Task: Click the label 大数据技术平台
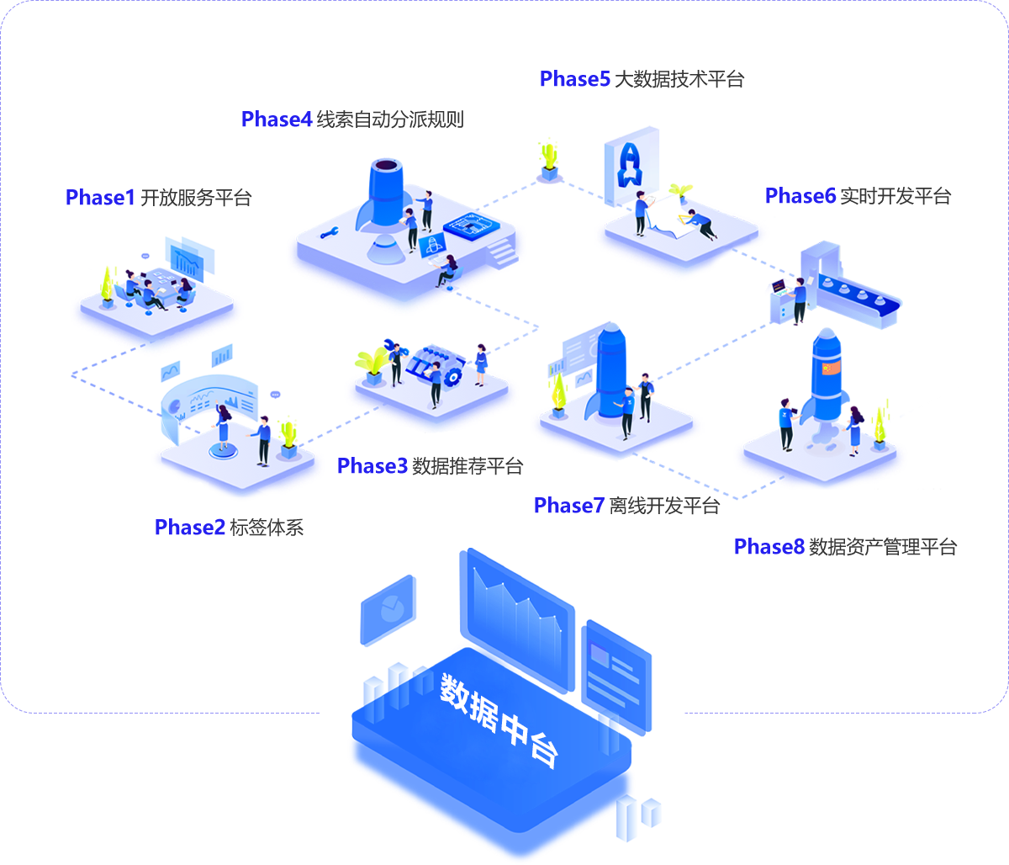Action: [679, 80]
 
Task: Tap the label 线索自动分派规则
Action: [390, 119]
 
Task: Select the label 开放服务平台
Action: [196, 199]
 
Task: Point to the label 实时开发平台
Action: [895, 197]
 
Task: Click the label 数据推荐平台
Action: [468, 466]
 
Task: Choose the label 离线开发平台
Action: [664, 506]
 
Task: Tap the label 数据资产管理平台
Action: [883, 547]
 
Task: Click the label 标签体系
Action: [266, 528]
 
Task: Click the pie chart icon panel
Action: [388, 609]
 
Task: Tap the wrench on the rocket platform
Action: [329, 232]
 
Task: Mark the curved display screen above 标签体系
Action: [209, 404]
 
